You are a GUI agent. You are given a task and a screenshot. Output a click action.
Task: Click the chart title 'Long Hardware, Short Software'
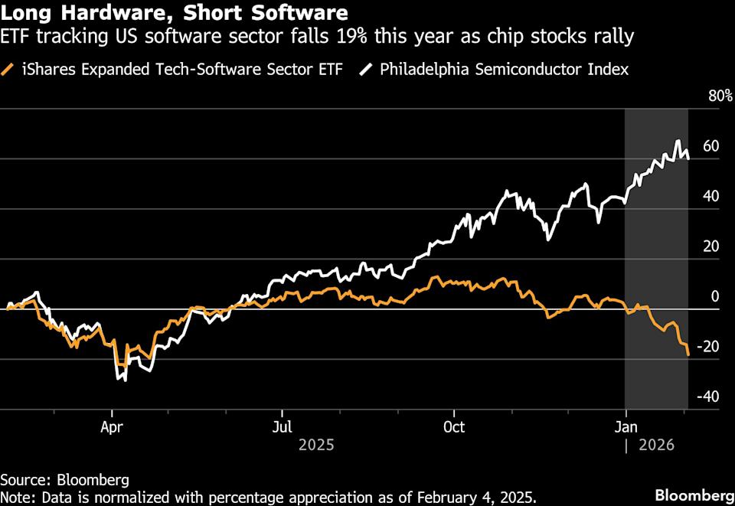pyautogui.click(x=174, y=13)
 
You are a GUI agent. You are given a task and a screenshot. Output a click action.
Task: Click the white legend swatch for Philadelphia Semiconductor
pyautogui.click(x=367, y=70)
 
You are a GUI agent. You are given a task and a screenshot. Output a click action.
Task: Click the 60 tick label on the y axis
pyautogui.click(x=710, y=145)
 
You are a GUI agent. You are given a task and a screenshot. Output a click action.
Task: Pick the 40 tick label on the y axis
pyautogui.click(x=710, y=196)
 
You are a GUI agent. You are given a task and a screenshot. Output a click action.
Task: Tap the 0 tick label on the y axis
pyautogui.click(x=715, y=296)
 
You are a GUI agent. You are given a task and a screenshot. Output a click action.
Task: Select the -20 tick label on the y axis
pyautogui.click(x=708, y=346)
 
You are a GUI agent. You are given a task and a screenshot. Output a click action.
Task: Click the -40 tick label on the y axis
pyautogui.click(x=708, y=396)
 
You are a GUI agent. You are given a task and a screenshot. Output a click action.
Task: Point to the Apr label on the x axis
pyautogui.click(x=113, y=426)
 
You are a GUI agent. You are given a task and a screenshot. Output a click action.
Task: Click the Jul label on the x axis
pyautogui.click(x=283, y=426)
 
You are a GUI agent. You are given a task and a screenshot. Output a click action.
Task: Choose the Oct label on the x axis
pyautogui.click(x=454, y=426)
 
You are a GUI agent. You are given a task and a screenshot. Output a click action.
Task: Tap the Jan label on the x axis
pyautogui.click(x=626, y=426)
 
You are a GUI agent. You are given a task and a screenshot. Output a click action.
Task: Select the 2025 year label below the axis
pyautogui.click(x=316, y=443)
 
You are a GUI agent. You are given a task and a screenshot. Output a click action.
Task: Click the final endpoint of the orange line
pyautogui.click(x=688, y=354)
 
